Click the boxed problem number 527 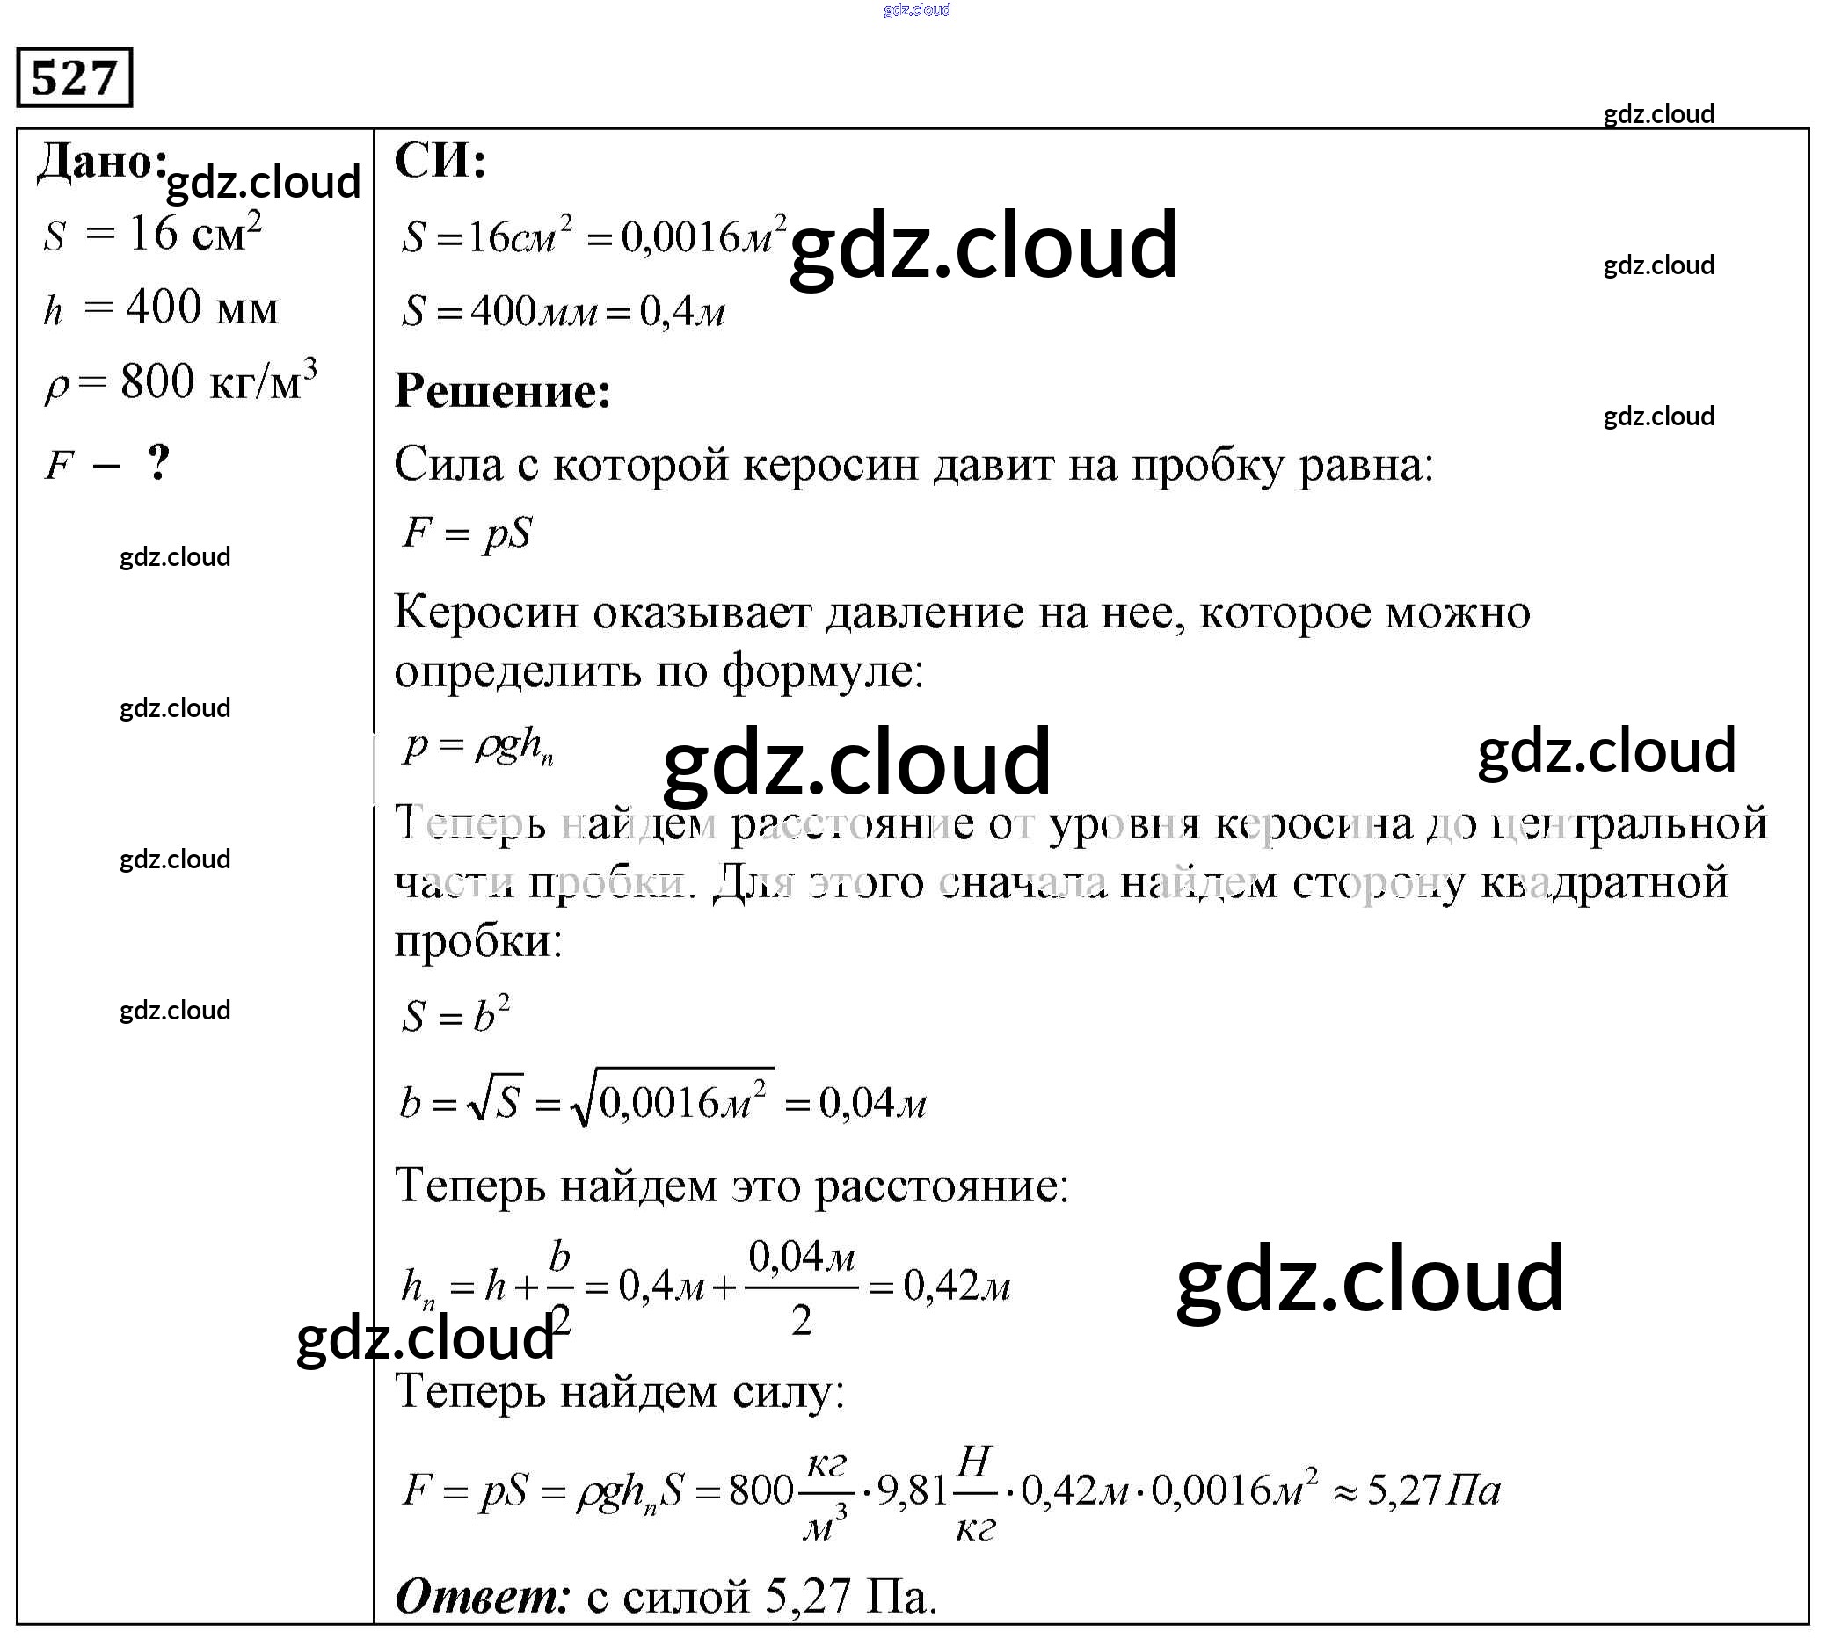tap(74, 77)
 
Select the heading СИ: tap(440, 162)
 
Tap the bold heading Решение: tap(503, 392)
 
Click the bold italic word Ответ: tap(483, 1597)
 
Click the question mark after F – tap(159, 463)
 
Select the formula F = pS tap(467, 533)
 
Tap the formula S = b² tap(455, 1015)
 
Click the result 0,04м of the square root tap(872, 1103)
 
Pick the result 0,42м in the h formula tap(956, 1286)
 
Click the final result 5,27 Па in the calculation tap(1433, 1490)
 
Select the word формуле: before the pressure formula tap(822, 671)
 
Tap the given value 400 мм tap(202, 308)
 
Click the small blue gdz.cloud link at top tap(916, 10)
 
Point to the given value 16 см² tap(194, 233)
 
